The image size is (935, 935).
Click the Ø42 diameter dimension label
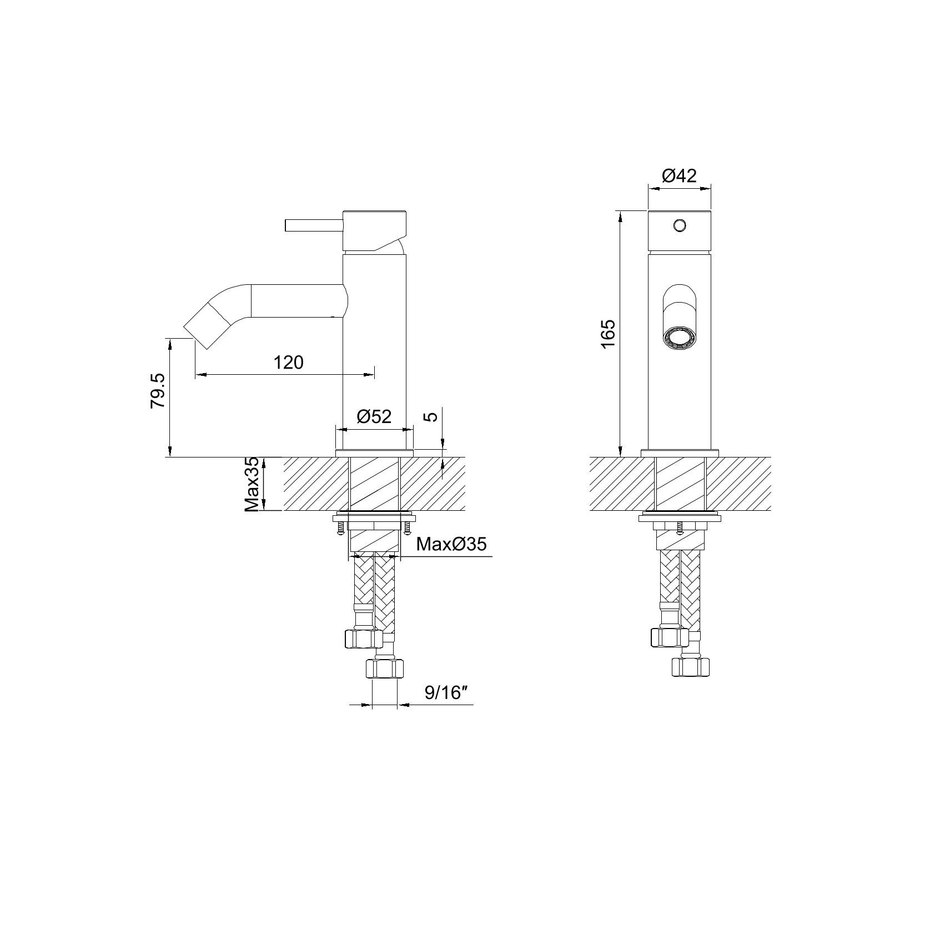[679, 176]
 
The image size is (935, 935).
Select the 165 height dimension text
[608, 333]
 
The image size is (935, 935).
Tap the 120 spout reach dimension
[289, 363]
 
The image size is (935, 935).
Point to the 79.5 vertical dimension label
[158, 391]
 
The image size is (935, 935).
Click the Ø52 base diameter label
[374, 416]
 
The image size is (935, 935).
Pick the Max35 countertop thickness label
[253, 484]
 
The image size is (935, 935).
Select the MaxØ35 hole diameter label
[451, 544]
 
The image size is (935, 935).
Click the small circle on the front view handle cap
[679, 225]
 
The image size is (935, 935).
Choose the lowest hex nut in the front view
[691, 666]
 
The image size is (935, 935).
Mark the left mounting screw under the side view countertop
[339, 530]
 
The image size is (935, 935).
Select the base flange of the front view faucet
[680, 453]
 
